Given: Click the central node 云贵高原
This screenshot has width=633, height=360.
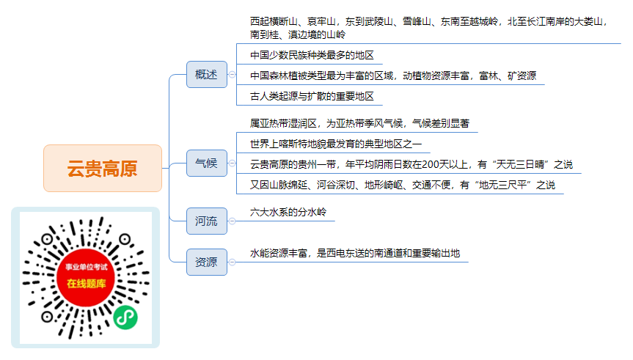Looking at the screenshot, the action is tap(103, 169).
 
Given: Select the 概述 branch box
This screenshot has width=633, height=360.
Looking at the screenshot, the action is tap(207, 75).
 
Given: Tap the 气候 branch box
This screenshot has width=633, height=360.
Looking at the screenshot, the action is tap(207, 163).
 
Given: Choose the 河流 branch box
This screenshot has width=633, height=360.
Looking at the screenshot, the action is tap(207, 221).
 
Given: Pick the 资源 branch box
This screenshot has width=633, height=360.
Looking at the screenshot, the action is tap(207, 262).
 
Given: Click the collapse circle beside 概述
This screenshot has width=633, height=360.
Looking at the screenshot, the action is tap(232, 75).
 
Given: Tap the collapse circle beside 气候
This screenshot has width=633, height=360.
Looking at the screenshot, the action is tap(232, 163).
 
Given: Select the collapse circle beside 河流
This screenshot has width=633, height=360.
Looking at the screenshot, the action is tap(232, 221).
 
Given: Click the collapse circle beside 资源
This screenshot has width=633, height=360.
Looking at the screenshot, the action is tap(232, 262).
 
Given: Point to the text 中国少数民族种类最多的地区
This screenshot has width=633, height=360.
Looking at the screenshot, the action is tap(312, 55).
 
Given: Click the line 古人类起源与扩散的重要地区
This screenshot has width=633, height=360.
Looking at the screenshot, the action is tap(312, 96).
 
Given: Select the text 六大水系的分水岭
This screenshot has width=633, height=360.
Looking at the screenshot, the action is tap(288, 212).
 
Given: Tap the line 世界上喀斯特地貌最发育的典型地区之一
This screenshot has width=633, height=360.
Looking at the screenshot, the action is tap(336, 144).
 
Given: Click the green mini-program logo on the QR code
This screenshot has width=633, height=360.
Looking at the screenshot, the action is tap(125, 317).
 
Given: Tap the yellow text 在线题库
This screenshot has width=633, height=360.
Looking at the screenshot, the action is tap(87, 284).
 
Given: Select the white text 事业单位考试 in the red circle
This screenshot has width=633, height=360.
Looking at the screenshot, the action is tap(87, 267).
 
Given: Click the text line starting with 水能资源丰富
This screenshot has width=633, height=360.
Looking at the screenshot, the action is tap(355, 253).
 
